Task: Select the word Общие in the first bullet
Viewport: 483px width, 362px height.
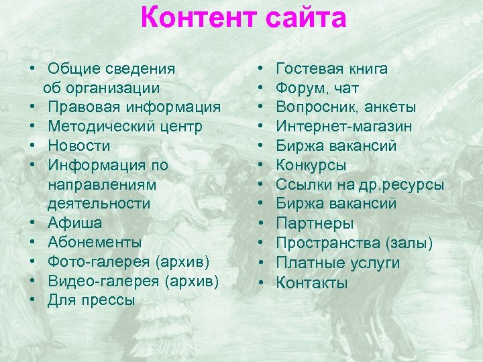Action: click(73, 68)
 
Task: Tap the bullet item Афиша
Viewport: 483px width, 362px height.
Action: click(74, 223)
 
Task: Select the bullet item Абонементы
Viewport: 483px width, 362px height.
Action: click(95, 242)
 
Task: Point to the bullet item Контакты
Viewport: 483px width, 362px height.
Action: click(312, 282)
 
